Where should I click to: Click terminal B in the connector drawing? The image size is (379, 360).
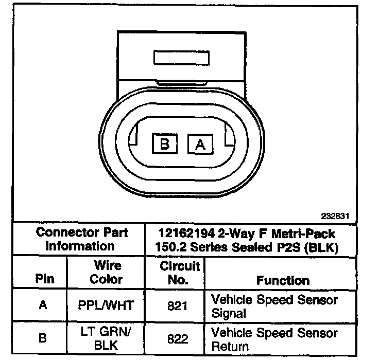point(164,143)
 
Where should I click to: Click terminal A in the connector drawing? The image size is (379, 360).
point(200,144)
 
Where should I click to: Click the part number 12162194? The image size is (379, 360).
point(184,233)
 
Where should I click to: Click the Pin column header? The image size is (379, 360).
point(43,280)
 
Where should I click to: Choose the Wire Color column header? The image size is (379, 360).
point(107,273)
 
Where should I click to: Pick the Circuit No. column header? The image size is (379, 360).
point(179,273)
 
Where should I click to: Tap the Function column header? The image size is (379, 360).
point(283,280)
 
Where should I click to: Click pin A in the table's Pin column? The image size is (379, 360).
point(43,305)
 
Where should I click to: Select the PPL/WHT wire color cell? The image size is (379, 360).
point(107,305)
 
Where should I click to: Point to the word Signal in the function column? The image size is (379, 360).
point(229,313)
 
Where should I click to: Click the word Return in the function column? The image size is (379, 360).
point(230,347)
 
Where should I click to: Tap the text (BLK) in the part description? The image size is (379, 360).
point(321,247)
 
